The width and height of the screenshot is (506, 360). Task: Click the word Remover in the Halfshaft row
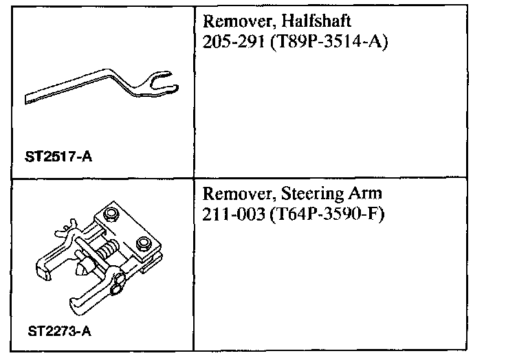point(232,21)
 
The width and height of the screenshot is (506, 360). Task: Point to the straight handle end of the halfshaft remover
point(31,98)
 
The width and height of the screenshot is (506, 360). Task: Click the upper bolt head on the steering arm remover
point(111,216)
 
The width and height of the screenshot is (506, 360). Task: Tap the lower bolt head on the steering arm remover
point(144,243)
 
